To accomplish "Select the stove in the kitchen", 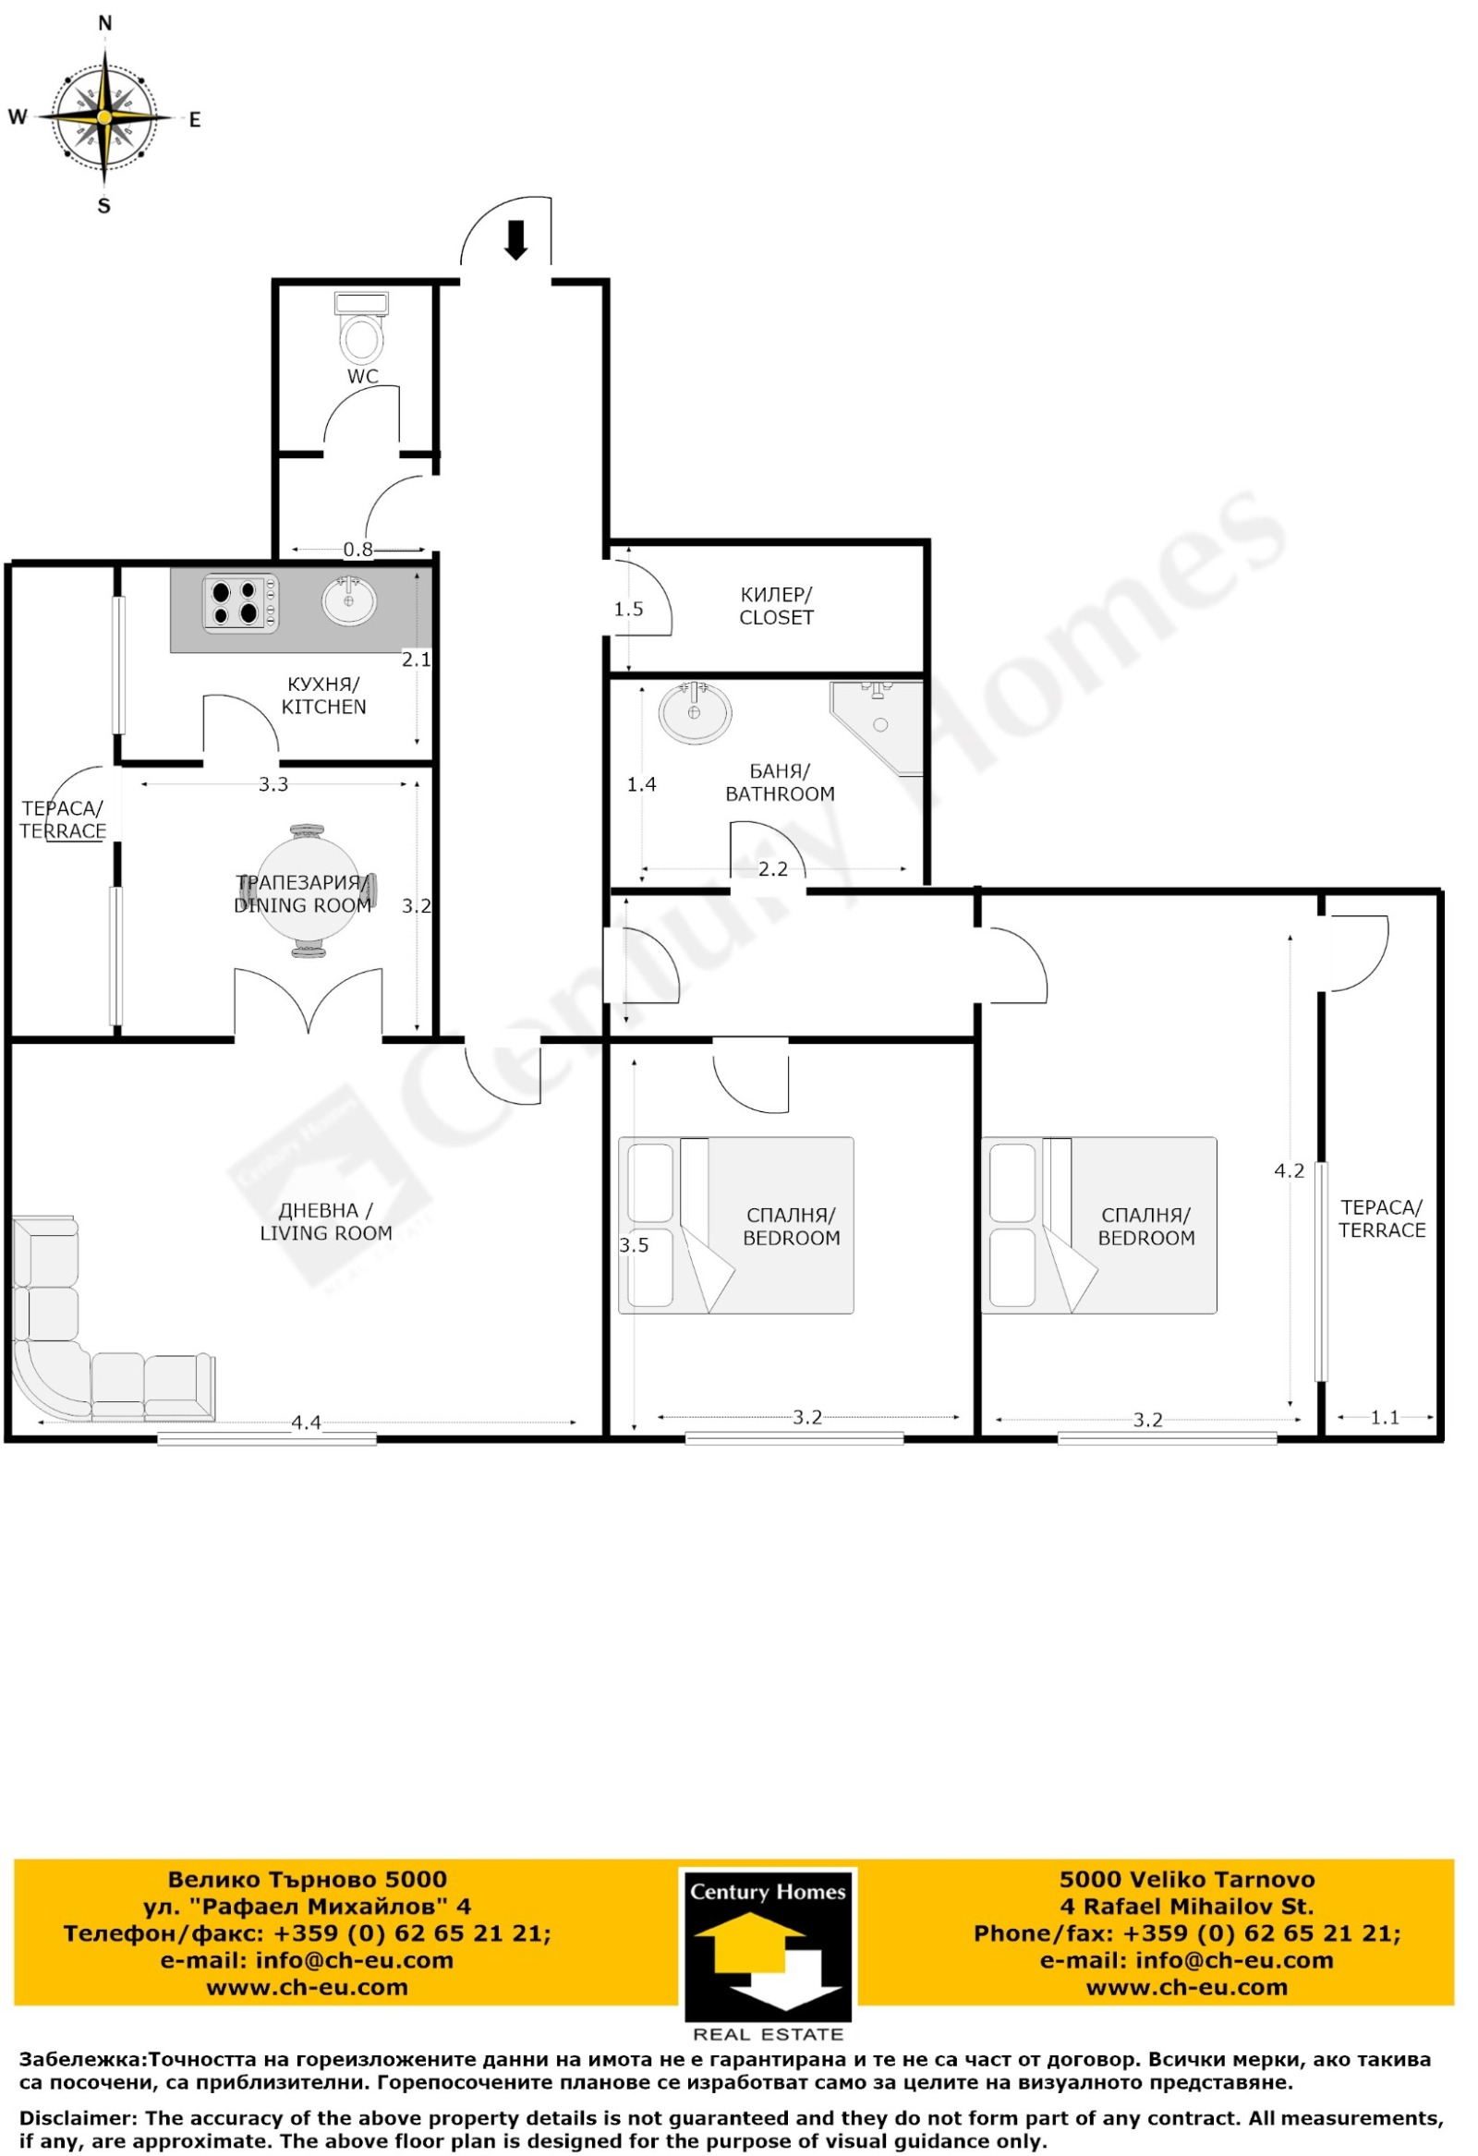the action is point(240,603).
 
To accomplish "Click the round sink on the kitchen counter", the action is point(350,601).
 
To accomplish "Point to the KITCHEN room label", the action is point(324,695).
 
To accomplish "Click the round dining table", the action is point(307,890).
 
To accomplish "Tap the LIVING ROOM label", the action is point(326,1222).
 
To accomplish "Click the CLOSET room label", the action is point(776,606).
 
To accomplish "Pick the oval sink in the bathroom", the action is point(695,712).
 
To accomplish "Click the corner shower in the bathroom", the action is point(876,727).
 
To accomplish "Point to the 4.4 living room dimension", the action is point(306,1423).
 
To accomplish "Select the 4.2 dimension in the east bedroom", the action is point(1289,1170).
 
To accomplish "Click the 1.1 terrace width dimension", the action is point(1385,1418).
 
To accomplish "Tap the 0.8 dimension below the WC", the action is point(358,550).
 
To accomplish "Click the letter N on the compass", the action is point(104,24).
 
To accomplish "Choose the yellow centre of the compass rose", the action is point(104,118).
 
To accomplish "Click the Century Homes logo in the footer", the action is point(768,1954).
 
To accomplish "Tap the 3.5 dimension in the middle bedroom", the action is point(634,1245).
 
